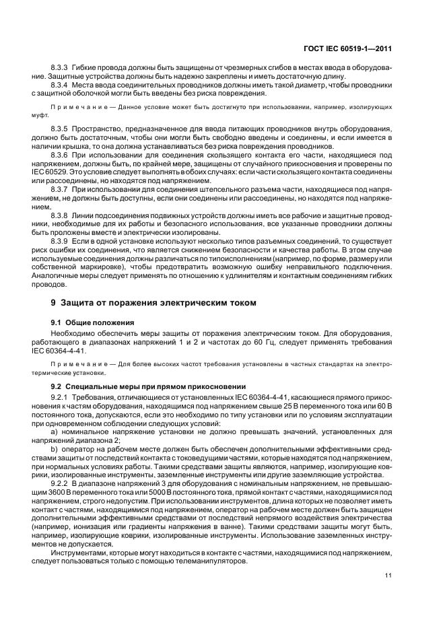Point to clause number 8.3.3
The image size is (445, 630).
[63, 69]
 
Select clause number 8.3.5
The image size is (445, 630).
[63, 127]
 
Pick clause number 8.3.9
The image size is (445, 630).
[63, 240]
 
